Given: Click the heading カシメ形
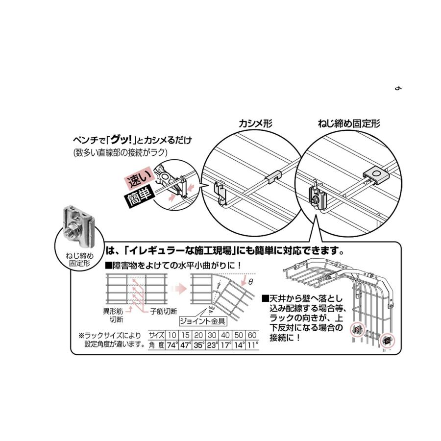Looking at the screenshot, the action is point(255,123).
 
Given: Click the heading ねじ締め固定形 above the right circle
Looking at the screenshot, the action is point(349,123).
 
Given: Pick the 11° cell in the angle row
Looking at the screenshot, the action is point(252,345).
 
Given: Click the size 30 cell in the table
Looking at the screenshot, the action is point(212,335).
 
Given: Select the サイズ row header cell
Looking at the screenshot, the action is point(157,335).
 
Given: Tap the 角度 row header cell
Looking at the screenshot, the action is point(157,345).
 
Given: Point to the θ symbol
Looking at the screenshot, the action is point(250,282).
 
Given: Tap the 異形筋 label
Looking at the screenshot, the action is point(113,312).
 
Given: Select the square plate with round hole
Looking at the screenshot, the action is point(376,175).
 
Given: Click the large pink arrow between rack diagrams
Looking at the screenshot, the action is point(179,289).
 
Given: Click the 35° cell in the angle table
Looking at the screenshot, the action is point(198,345).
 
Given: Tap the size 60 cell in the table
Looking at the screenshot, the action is point(252,335).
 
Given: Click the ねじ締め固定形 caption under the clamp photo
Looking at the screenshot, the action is point(79,259).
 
